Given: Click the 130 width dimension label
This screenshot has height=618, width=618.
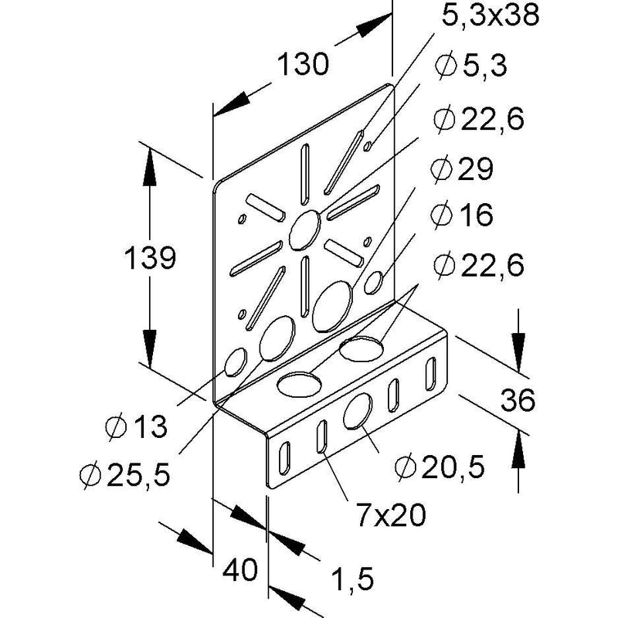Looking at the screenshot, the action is click(303, 64).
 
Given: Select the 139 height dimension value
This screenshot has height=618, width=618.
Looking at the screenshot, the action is click(150, 258).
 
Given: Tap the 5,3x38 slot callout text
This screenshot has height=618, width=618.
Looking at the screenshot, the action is click(491, 15).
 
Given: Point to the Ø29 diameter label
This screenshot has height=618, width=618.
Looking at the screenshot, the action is click(462, 169).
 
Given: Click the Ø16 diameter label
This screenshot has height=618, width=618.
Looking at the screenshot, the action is click(462, 215).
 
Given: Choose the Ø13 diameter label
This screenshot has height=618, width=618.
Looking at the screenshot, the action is click(137, 426).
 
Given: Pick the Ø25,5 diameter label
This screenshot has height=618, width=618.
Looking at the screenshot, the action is click(125, 475).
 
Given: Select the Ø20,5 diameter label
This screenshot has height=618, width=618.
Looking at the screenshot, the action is click(440, 467).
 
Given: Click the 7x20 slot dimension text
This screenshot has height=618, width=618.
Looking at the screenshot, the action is click(391, 514).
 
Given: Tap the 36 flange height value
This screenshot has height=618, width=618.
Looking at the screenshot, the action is click(518, 400).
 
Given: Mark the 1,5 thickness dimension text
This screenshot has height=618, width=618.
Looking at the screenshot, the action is click(352, 579).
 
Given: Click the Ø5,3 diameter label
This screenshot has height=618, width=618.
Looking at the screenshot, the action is click(471, 65).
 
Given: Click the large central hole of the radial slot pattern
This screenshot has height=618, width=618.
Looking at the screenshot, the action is click(304, 230).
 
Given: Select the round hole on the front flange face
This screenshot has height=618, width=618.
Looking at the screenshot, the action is click(358, 412).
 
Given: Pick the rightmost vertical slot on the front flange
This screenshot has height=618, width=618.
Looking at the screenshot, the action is click(431, 374).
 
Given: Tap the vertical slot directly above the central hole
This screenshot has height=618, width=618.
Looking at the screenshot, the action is click(304, 175).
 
